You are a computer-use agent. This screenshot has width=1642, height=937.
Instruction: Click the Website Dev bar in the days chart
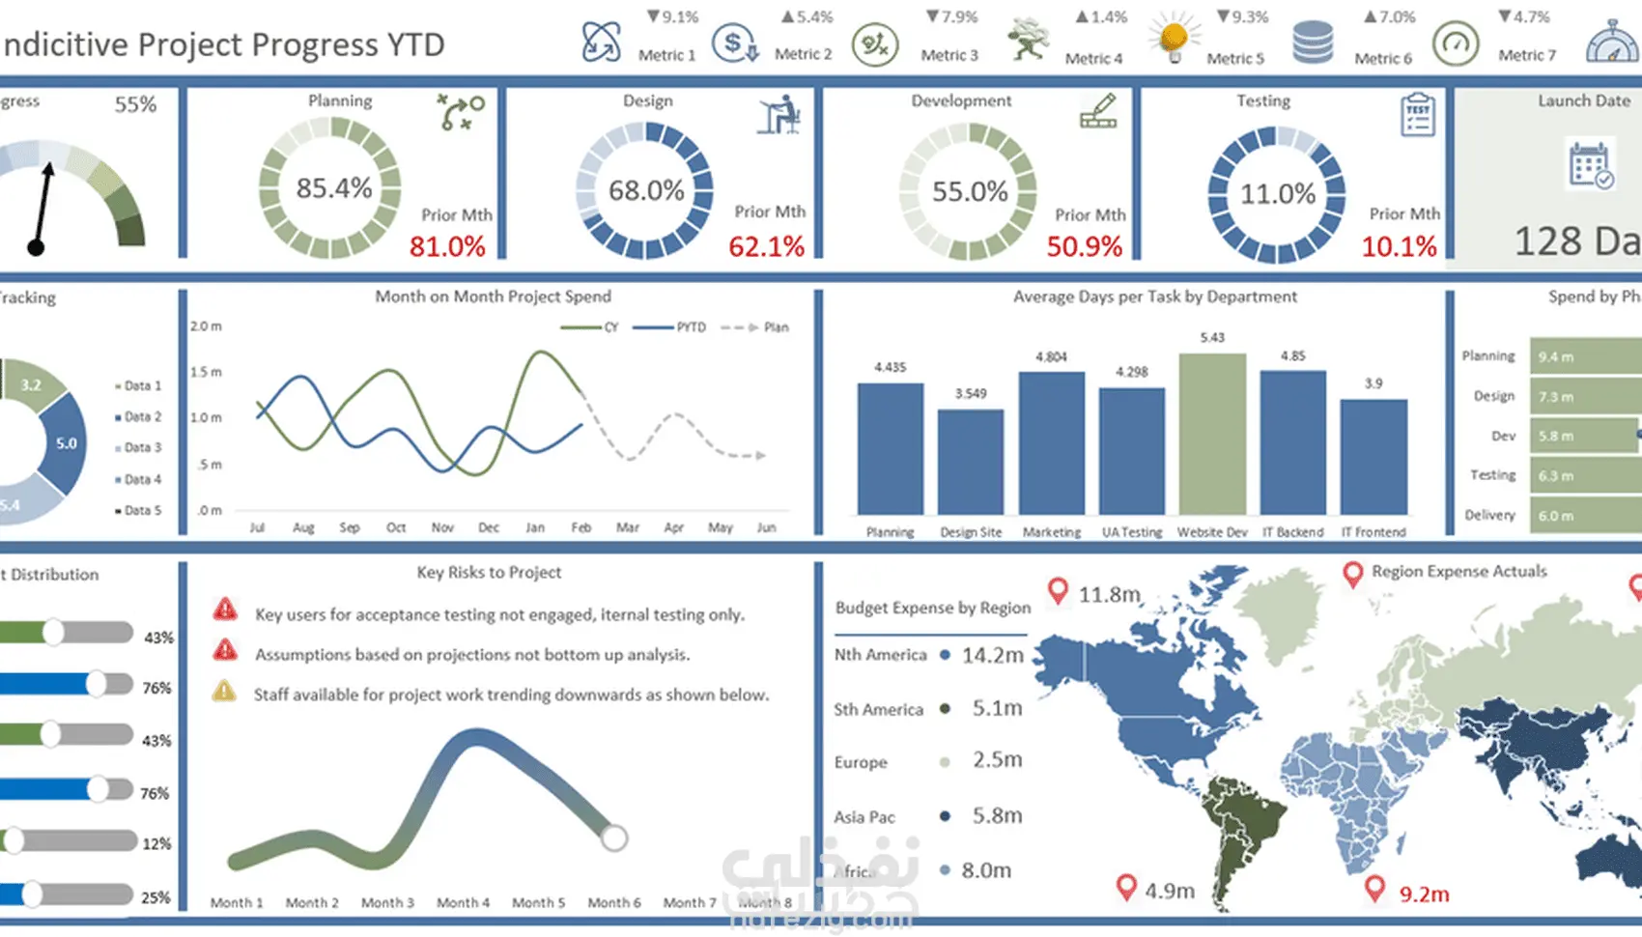click(1212, 434)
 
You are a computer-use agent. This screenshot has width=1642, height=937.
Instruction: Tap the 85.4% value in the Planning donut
click(333, 188)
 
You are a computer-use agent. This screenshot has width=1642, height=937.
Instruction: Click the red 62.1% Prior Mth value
click(766, 246)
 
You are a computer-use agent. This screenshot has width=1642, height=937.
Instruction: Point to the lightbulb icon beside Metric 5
click(1174, 40)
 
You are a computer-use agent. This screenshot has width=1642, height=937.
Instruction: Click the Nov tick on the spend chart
click(442, 527)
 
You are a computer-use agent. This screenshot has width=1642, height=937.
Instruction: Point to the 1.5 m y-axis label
click(206, 372)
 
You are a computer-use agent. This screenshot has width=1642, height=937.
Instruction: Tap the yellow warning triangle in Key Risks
click(224, 692)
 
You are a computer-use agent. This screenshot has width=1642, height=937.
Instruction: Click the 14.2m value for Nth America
click(992, 655)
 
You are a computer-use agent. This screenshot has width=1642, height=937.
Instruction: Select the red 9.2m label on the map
click(1424, 894)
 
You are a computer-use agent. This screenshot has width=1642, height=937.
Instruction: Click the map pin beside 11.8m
click(1059, 590)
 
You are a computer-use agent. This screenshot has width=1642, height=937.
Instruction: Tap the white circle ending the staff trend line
click(614, 838)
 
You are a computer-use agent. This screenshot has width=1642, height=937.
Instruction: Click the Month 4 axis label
click(463, 902)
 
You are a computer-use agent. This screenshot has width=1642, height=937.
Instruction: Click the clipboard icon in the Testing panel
click(1418, 115)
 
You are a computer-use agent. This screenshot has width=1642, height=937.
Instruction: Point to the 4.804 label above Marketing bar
click(1051, 356)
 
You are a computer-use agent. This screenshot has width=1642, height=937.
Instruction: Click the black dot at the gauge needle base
click(37, 248)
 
